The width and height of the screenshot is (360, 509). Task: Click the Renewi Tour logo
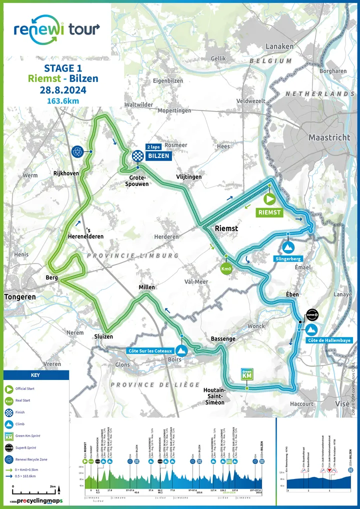click(56, 27)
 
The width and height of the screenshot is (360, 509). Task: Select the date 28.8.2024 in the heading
click(63, 90)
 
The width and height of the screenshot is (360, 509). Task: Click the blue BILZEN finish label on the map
click(158, 156)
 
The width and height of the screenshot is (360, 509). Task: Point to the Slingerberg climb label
click(288, 259)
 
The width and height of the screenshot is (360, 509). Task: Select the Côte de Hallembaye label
click(329, 340)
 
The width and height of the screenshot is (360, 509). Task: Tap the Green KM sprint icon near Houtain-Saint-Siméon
click(247, 374)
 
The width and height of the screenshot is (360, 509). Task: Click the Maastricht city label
click(329, 137)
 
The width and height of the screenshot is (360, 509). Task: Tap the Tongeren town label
click(20, 296)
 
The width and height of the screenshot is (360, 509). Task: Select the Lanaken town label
click(279, 46)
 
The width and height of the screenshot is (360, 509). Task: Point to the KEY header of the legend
click(36, 375)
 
